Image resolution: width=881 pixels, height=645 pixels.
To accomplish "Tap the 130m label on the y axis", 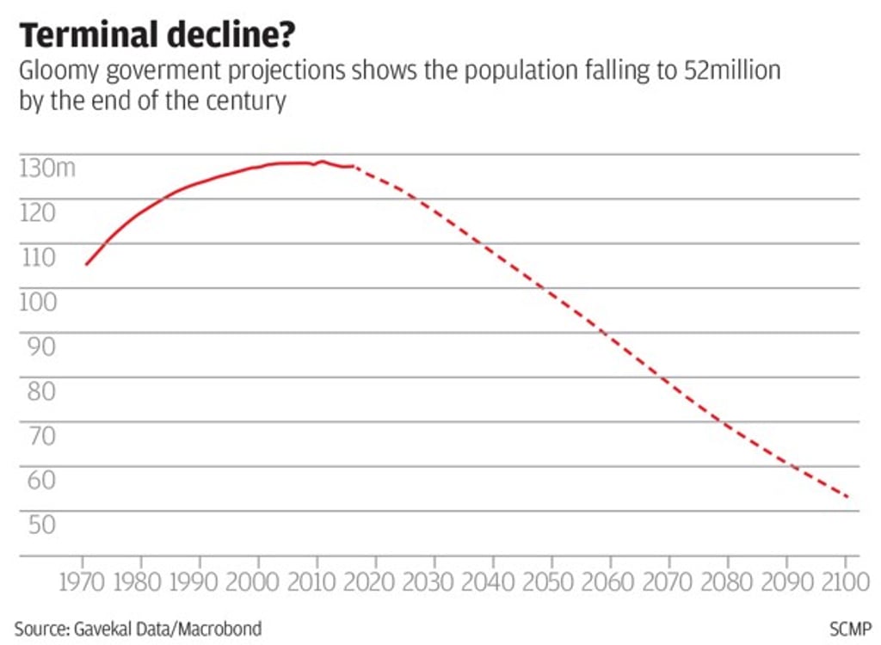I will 46,168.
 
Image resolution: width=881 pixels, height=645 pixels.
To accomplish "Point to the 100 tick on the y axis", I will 38,302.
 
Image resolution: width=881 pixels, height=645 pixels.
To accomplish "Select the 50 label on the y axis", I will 38,525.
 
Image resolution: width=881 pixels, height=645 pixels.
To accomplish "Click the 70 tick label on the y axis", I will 38,436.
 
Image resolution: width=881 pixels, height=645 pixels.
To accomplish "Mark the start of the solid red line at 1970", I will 86,264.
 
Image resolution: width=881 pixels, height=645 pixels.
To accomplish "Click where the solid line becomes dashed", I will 352,166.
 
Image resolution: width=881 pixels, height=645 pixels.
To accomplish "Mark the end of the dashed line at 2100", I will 849,497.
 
